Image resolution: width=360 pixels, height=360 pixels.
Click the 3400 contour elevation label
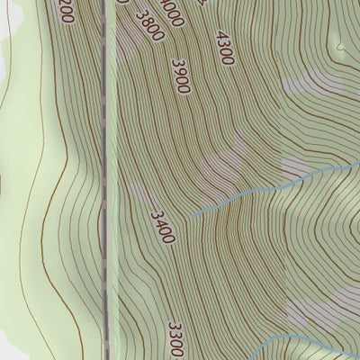[162, 227]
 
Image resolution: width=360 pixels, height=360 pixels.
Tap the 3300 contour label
[176, 339]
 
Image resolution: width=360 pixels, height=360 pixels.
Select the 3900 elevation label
[181, 76]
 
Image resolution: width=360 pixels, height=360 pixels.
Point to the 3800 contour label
[149, 25]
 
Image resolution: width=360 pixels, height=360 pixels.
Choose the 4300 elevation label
[224, 48]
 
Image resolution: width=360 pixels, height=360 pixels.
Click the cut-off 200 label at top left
[64, 11]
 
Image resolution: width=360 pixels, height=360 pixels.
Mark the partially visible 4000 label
[174, 11]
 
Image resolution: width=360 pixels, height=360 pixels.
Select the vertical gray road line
[108, 180]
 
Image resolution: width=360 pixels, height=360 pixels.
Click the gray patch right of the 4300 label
[310, 84]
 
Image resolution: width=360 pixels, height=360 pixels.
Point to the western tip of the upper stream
[191, 216]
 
